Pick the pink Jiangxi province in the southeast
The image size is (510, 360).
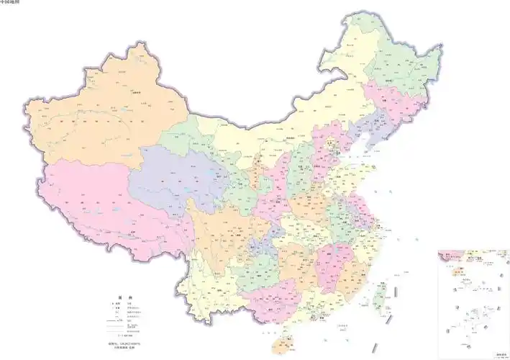pyautogui.click(x=333, y=259)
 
